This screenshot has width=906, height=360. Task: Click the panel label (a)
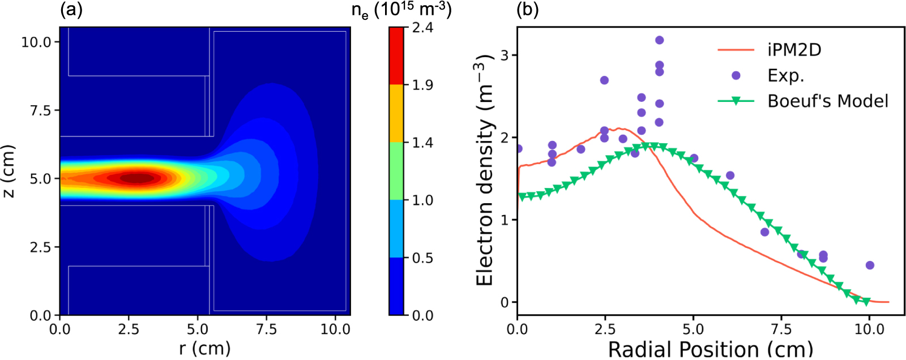point(71,10)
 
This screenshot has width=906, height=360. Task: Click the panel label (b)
point(527,10)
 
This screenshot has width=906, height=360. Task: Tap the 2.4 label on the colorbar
point(422,27)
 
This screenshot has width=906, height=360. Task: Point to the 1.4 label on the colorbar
point(422,143)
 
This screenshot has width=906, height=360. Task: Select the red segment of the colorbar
point(396,56)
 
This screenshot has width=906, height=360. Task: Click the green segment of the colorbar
point(396,171)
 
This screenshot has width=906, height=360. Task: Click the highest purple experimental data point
point(659,40)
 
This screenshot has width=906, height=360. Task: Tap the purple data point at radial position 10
point(870,265)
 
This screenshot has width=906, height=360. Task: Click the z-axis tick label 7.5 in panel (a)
point(40,110)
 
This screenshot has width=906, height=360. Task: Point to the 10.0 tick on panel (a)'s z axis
point(36,42)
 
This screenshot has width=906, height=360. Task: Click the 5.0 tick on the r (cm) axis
point(198,329)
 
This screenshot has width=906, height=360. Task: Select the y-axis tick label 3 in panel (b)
point(505,55)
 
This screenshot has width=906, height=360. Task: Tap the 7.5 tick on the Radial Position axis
point(781,329)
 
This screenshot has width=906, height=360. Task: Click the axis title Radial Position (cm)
point(710,349)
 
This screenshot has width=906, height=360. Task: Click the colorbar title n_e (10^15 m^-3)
point(401,10)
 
